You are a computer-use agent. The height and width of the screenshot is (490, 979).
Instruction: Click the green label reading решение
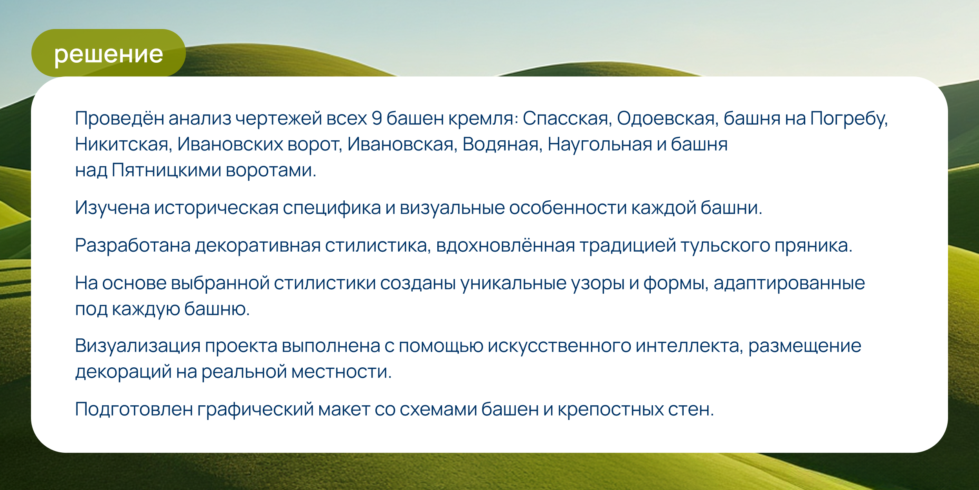(108, 53)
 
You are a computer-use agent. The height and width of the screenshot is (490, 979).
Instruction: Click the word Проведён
(120, 118)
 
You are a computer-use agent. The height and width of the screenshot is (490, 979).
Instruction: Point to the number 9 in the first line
(377, 118)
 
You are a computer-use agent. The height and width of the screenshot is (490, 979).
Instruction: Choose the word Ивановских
(230, 144)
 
